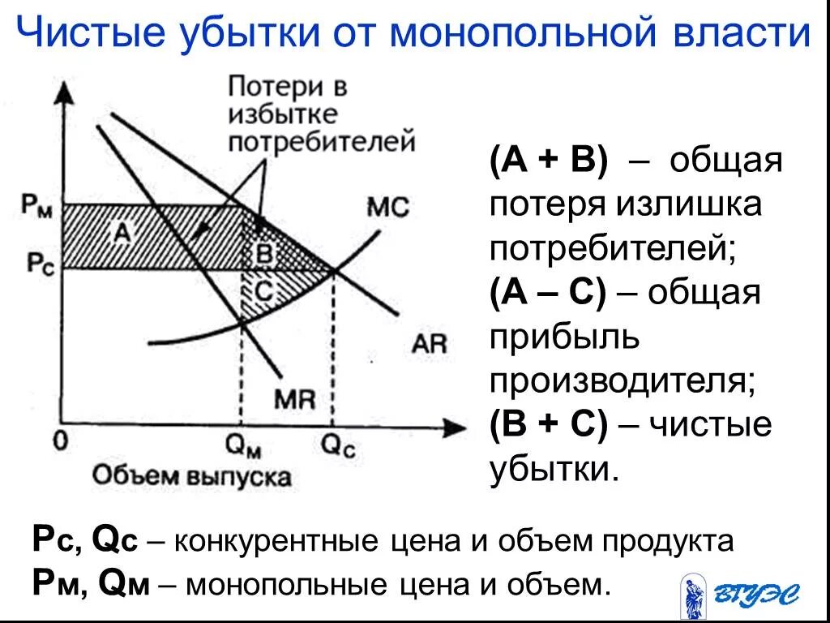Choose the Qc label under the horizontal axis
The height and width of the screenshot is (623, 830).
(x=338, y=444)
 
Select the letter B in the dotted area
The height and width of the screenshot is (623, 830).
(x=263, y=253)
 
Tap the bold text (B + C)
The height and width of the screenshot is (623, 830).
(x=547, y=424)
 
